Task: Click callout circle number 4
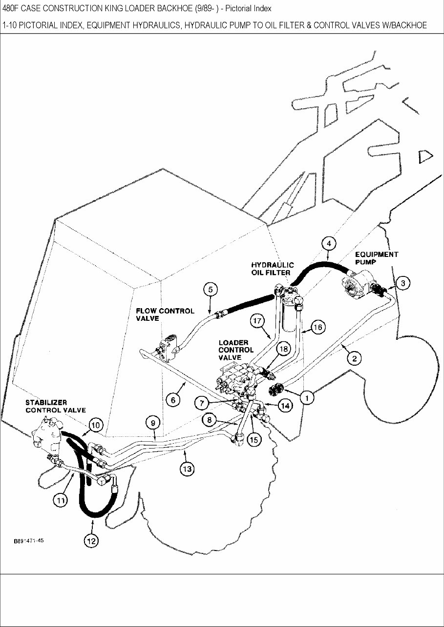pos(329,243)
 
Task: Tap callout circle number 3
pos(402,283)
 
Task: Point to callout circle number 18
pos(283,349)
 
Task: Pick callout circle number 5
pos(210,289)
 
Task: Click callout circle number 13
pos(187,469)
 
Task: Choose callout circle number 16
pos(317,327)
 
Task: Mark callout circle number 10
pos(96,425)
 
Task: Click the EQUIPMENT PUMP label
pos(376,258)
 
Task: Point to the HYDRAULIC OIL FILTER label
pos(273,268)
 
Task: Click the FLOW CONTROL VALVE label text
pos(165,314)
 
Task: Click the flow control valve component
pos(168,347)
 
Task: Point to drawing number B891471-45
pos(29,541)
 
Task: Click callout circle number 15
pos(254,439)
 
